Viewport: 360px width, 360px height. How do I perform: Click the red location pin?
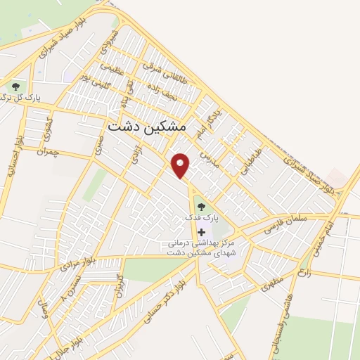(181, 166)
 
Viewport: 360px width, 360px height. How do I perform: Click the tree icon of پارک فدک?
(202, 207)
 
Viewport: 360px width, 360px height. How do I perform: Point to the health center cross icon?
(202, 232)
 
